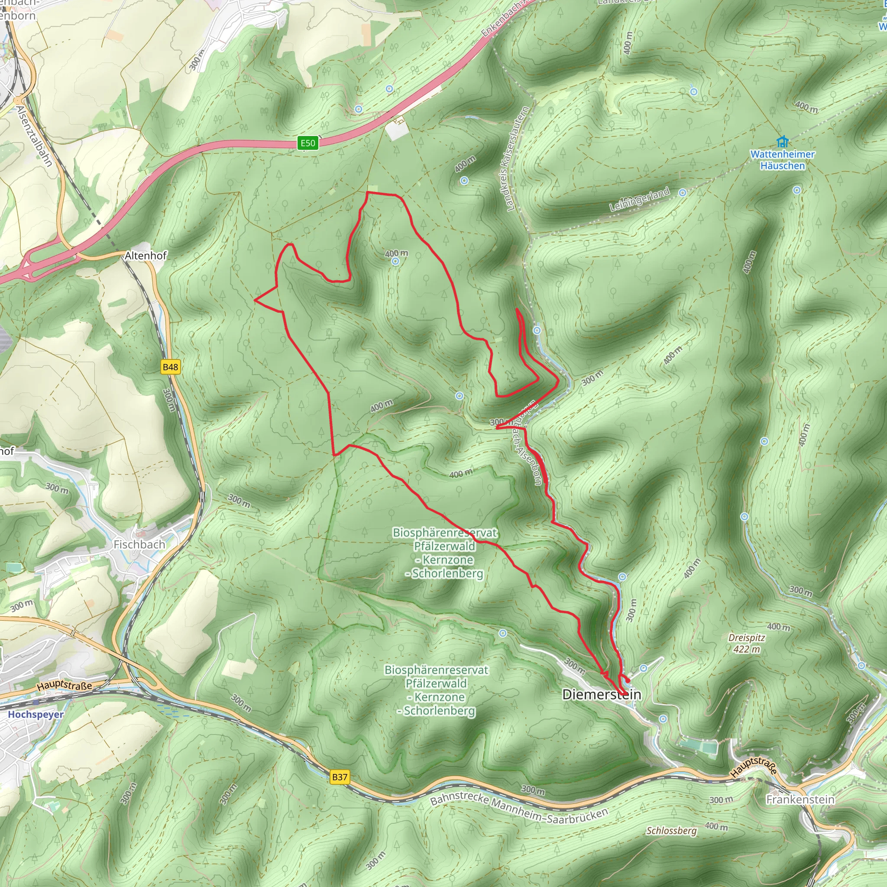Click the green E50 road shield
[x=308, y=143]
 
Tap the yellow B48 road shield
[x=170, y=367]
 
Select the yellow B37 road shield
[x=340, y=777]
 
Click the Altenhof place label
[x=146, y=255]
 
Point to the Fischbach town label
[x=139, y=544]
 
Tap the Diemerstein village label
[x=602, y=694]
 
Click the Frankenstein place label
[x=800, y=800]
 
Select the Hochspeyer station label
[x=36, y=714]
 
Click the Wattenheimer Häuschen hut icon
[x=782, y=141]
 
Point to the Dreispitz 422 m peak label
[x=747, y=643]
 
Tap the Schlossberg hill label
[x=671, y=831]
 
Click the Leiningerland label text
[x=639, y=200]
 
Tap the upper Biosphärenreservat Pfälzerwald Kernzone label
[x=444, y=553]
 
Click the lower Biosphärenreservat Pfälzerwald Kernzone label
[x=436, y=690]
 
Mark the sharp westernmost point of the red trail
[x=255, y=300]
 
